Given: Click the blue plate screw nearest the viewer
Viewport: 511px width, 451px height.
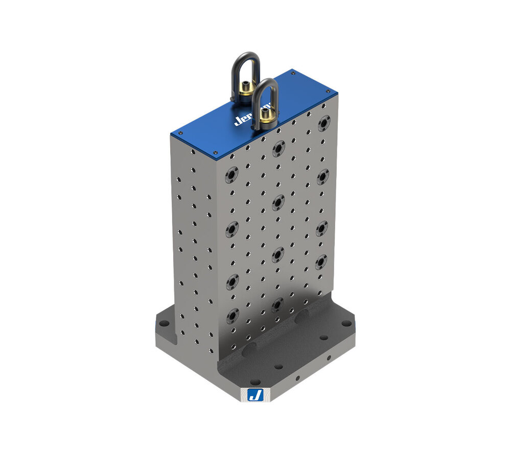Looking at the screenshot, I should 215,152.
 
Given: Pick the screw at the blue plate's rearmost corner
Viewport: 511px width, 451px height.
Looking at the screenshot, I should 292,74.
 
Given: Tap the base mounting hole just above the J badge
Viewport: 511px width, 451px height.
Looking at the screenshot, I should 254,381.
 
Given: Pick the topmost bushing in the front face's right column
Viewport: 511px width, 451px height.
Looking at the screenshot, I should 323,123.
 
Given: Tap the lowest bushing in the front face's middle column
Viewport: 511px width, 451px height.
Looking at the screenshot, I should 277,305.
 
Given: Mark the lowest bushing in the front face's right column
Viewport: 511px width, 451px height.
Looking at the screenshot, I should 321,262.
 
